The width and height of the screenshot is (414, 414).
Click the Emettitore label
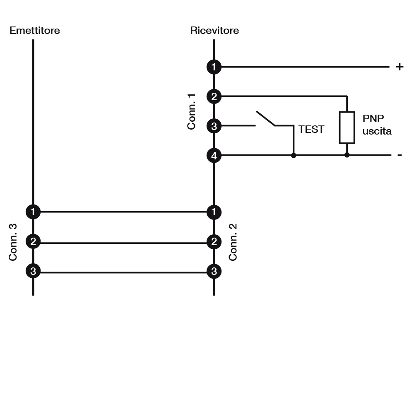click(35, 31)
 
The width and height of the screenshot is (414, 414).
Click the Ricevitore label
click(214, 31)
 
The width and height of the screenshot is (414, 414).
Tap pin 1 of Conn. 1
click(214, 67)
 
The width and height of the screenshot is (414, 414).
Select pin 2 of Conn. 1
click(214, 96)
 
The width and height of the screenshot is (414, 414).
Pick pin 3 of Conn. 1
click(214, 126)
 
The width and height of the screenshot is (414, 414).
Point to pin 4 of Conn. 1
click(214, 156)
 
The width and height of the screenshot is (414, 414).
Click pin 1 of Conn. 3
click(33, 212)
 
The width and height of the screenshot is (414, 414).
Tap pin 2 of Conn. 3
click(33, 241)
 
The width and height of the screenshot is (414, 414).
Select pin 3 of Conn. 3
click(33, 271)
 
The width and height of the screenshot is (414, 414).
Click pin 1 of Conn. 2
click(214, 212)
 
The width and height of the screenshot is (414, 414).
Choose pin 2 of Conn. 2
click(214, 242)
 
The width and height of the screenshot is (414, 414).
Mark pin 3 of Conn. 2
click(214, 271)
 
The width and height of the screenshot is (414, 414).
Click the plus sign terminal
click(400, 67)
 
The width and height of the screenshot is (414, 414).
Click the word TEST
click(311, 129)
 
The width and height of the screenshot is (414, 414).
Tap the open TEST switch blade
click(265, 118)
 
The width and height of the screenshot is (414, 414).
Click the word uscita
click(377, 131)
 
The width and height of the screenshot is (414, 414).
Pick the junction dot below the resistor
click(347, 155)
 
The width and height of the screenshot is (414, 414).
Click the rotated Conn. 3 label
click(13, 242)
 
